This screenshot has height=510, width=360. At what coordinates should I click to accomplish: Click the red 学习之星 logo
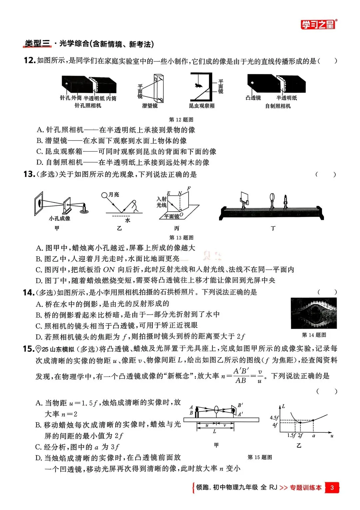click(x=318, y=24)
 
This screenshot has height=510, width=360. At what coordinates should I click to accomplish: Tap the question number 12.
click(x=29, y=60)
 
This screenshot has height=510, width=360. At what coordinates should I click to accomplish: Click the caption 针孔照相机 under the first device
click(x=88, y=106)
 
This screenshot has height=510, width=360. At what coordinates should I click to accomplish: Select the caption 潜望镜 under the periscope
click(x=150, y=106)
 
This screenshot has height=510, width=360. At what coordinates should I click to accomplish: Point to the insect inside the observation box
click(x=199, y=86)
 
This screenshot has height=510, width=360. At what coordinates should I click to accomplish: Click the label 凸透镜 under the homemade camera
click(x=253, y=98)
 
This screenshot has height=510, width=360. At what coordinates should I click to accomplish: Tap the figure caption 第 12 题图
click(x=181, y=120)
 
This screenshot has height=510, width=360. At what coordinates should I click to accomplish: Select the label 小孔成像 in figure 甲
click(x=60, y=219)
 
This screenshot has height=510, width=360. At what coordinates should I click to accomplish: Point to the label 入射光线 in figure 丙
click(x=162, y=202)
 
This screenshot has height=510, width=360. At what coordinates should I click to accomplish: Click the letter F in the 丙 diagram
click(x=189, y=189)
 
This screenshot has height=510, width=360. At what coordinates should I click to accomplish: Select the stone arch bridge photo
click(x=314, y=313)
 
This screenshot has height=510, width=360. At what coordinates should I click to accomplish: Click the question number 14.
click(x=28, y=292)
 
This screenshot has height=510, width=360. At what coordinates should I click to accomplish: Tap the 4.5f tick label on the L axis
click(x=274, y=418)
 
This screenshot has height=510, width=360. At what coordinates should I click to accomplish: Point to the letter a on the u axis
click(x=313, y=435)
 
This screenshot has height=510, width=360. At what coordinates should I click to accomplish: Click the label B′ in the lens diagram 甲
click(x=240, y=405)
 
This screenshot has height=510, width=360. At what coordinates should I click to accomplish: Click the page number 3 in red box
click(x=332, y=488)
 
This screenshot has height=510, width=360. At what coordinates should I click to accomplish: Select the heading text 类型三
click(x=37, y=44)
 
